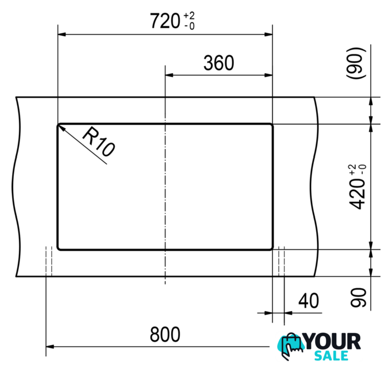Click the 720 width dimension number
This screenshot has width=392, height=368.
(x=165, y=21)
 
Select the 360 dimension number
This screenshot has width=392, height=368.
(x=219, y=63)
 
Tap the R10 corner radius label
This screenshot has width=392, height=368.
(x=99, y=141)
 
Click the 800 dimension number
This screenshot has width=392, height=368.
(x=165, y=334)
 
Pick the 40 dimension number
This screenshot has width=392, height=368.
(x=309, y=301)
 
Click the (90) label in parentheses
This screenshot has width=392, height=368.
(x=356, y=64)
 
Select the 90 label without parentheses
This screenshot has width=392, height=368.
(x=358, y=297)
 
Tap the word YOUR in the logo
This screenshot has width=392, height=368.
(x=333, y=341)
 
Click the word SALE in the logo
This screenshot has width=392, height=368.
(x=331, y=356)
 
